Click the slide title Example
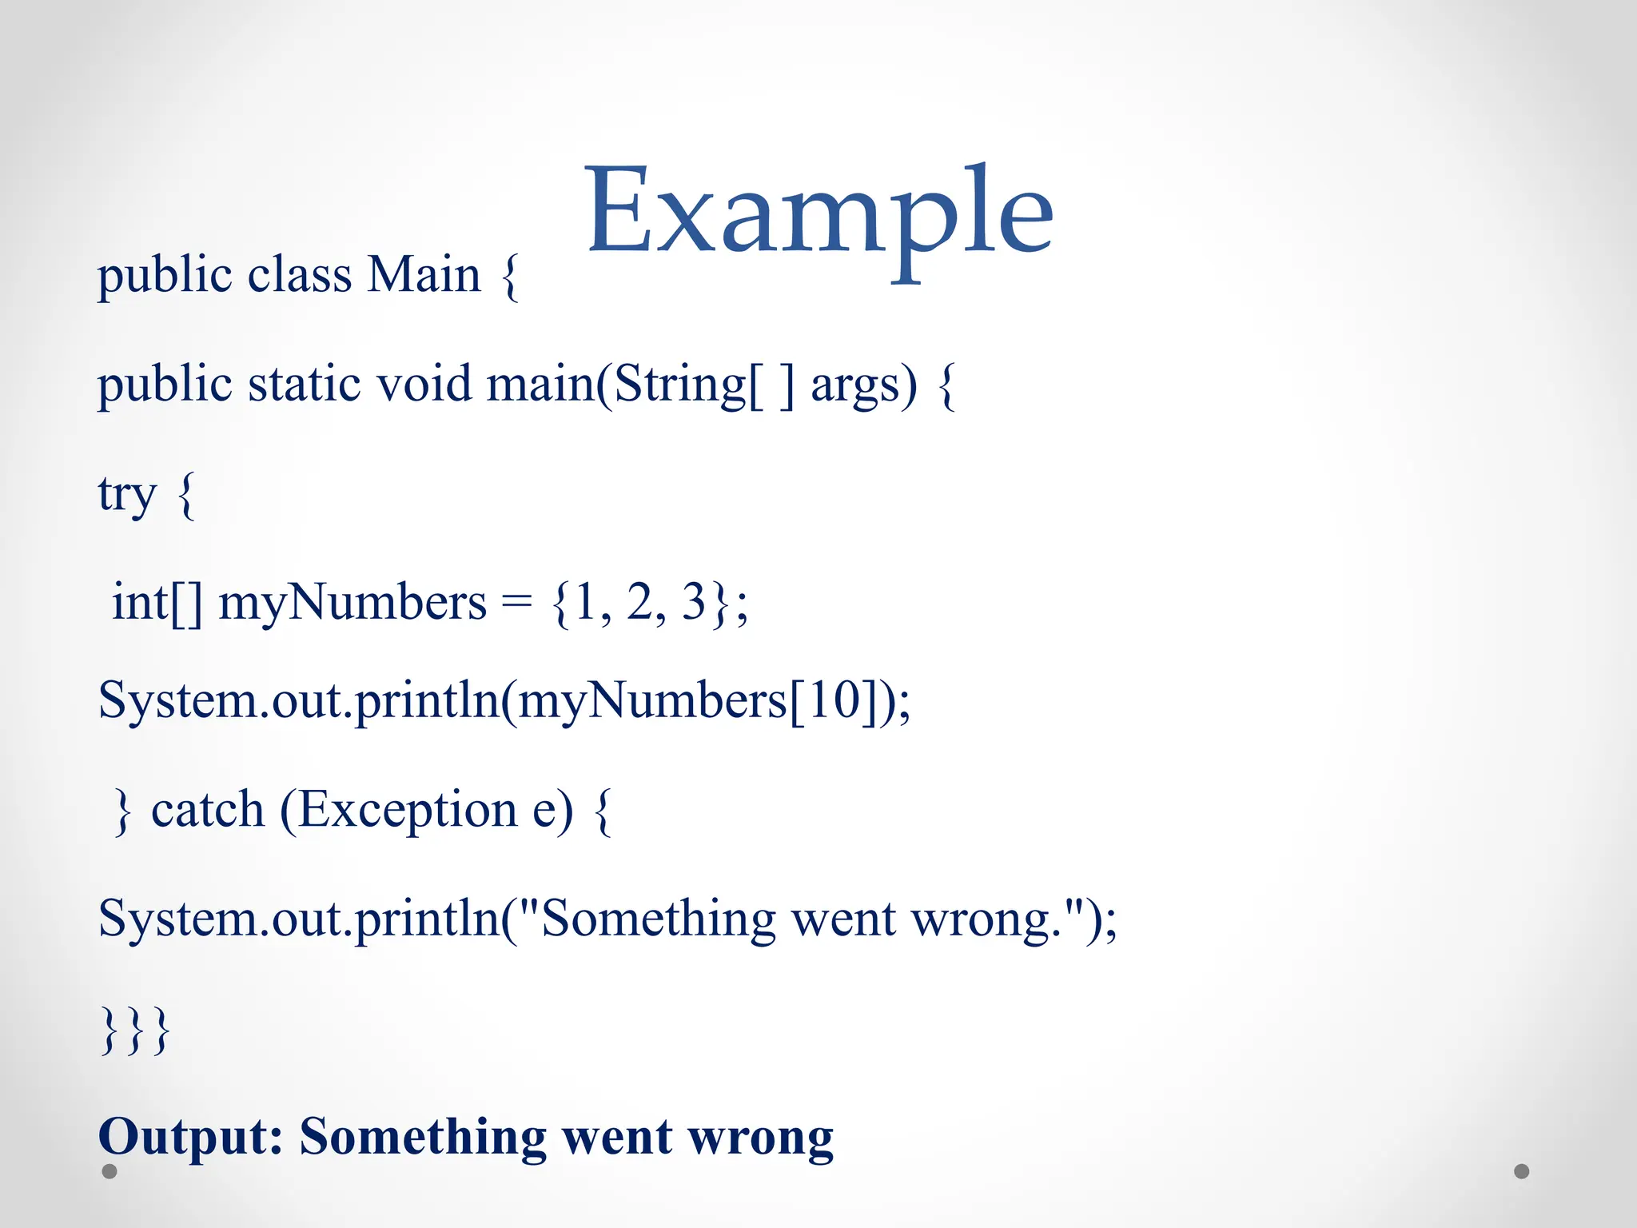[x=819, y=212]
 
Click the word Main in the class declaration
[x=424, y=275]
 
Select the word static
[x=304, y=384]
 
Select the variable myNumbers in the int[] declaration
[x=352, y=604]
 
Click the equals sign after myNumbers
[x=516, y=604]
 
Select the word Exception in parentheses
[x=408, y=811]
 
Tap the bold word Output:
[x=190, y=1136]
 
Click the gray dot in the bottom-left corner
[x=110, y=1171]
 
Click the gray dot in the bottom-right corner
[x=1522, y=1171]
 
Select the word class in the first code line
[x=299, y=275]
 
